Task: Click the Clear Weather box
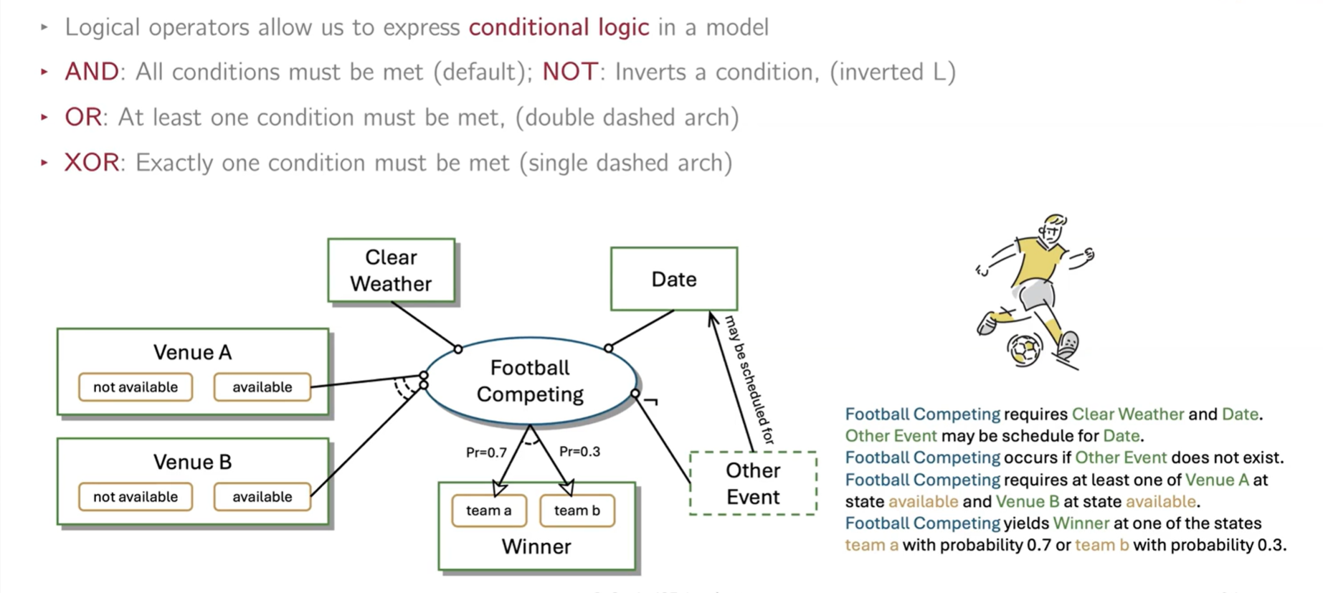pyautogui.click(x=391, y=270)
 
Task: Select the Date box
pyautogui.click(x=673, y=279)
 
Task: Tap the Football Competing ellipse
pyautogui.click(x=530, y=381)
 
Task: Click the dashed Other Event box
pyautogui.click(x=752, y=483)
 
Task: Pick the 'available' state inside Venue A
pyautogui.click(x=262, y=387)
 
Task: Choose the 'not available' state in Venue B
pyautogui.click(x=136, y=497)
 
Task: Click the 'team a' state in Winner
pyautogui.click(x=488, y=511)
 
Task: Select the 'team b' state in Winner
pyautogui.click(x=577, y=511)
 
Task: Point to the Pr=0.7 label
pyautogui.click(x=486, y=452)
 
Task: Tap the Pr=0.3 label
pyautogui.click(x=579, y=452)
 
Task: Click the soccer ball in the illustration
pyautogui.click(x=1024, y=349)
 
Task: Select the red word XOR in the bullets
pyautogui.click(x=92, y=163)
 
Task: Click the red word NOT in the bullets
pyautogui.click(x=569, y=72)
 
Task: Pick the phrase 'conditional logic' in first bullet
pyautogui.click(x=559, y=27)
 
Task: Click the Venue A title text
pyautogui.click(x=192, y=352)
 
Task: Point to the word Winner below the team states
pyautogui.click(x=536, y=546)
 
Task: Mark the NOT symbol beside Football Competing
pyautogui.click(x=651, y=402)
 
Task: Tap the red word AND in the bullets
pyautogui.click(x=92, y=72)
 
